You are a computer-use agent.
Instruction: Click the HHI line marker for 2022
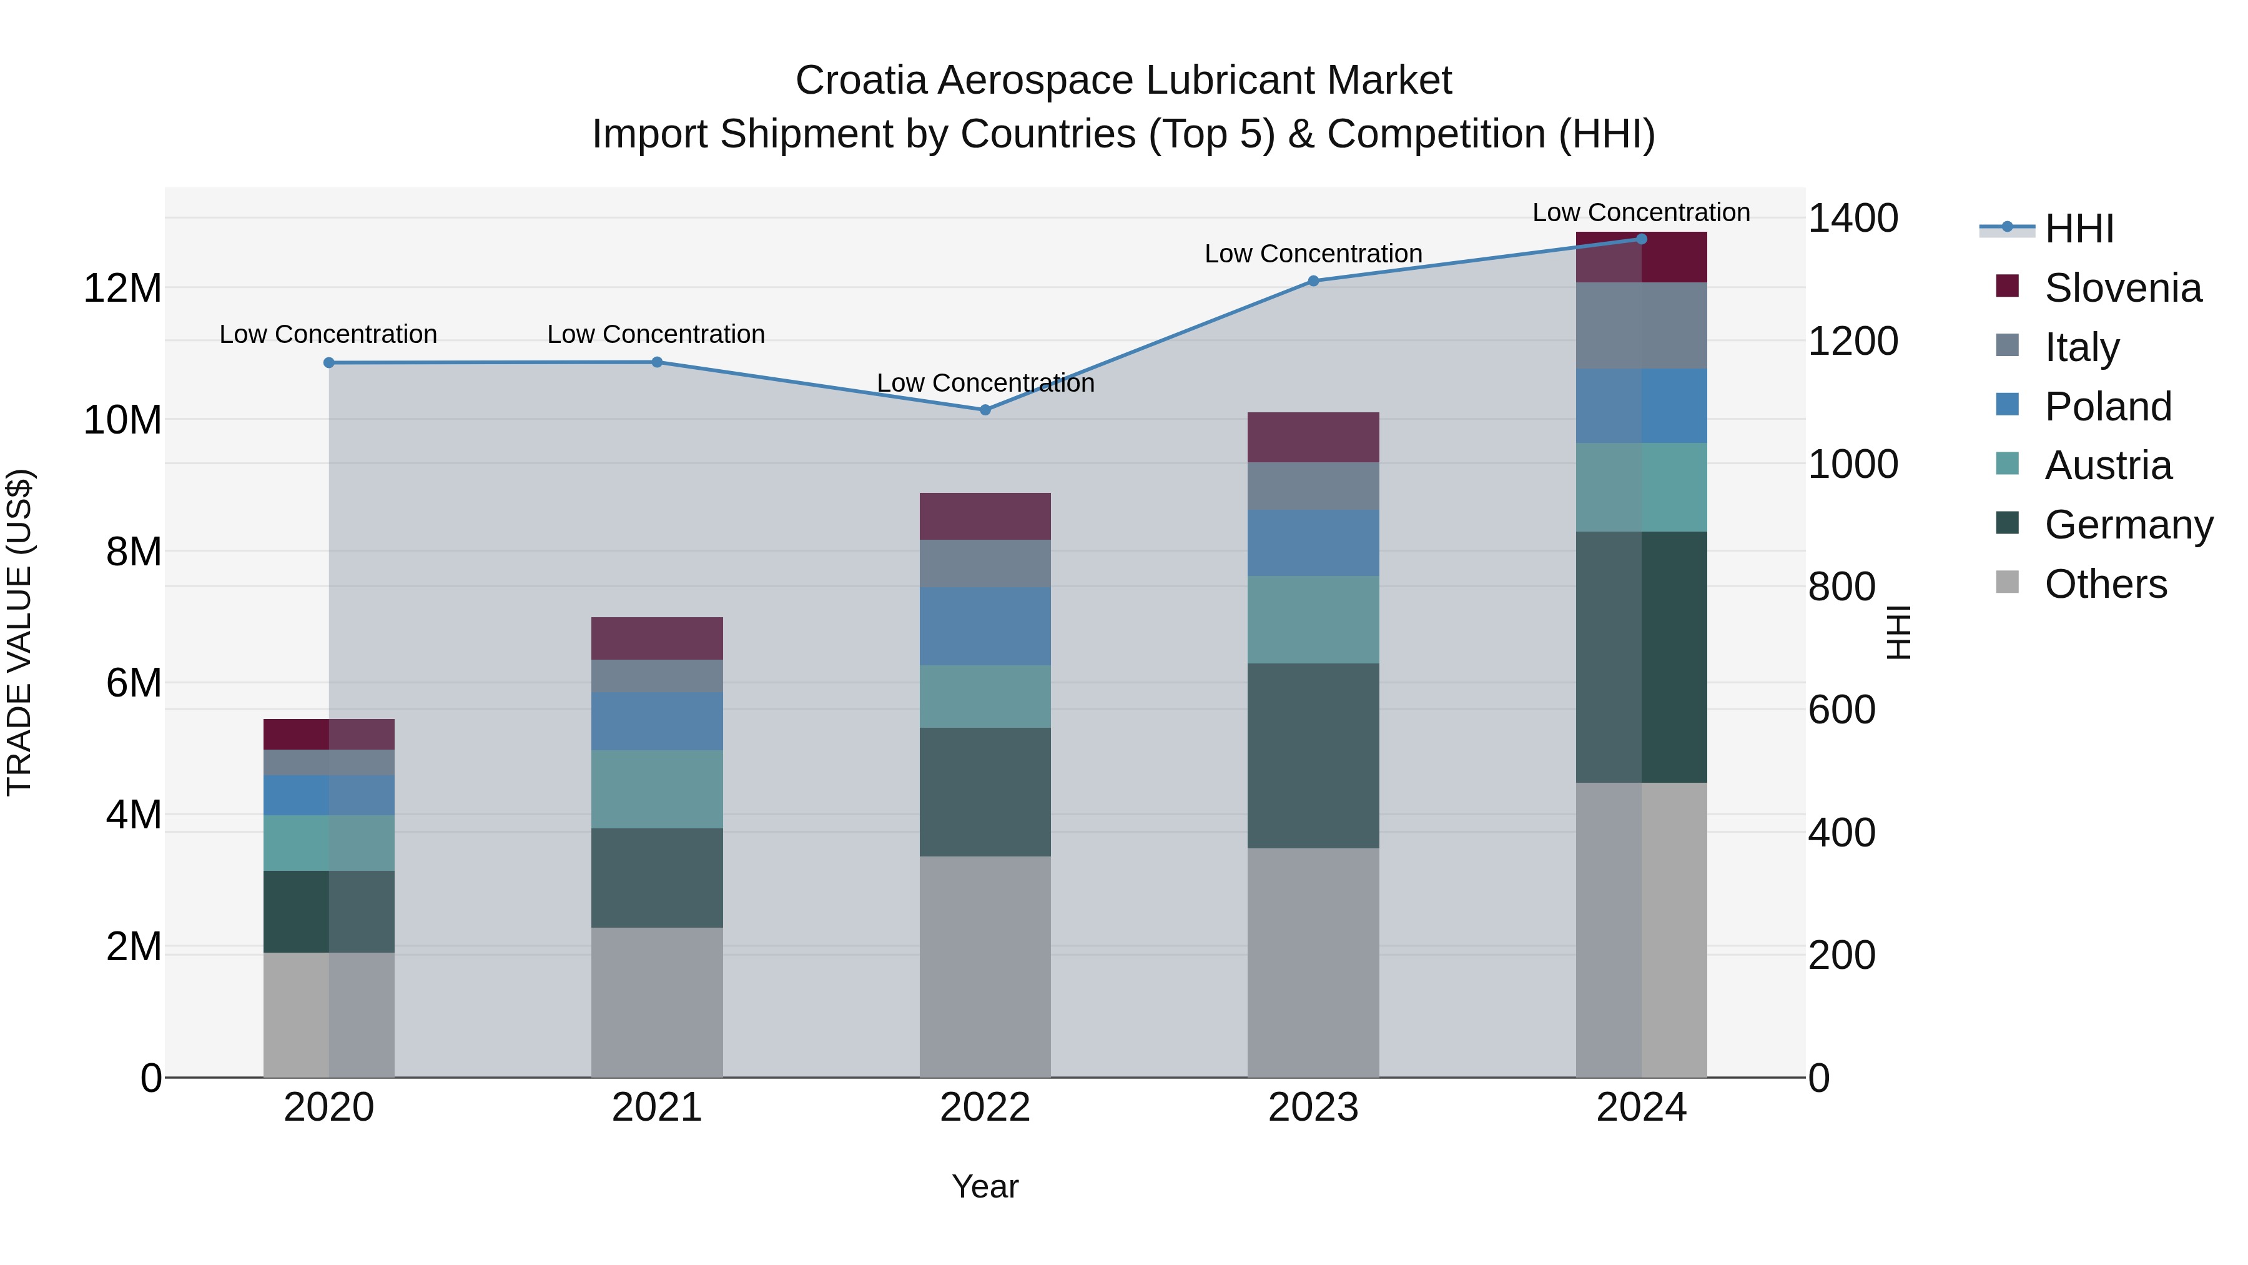[985, 409]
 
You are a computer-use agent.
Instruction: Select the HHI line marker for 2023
[1313, 281]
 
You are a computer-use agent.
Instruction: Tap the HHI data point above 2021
[657, 362]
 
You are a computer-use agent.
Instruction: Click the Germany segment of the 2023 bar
[1313, 755]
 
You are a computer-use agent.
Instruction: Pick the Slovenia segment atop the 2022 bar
[985, 516]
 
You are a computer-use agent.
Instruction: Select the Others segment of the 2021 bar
[657, 1001]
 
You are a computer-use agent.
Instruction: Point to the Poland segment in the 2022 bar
[985, 626]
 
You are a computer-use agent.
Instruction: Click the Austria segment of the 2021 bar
[657, 789]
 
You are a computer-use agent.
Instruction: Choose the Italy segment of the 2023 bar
[1313, 486]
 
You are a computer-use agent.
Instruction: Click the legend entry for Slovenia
[2122, 288]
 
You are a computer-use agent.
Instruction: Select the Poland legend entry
[2107, 407]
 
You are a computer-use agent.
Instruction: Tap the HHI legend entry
[2079, 229]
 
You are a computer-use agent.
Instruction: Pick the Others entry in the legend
[2105, 584]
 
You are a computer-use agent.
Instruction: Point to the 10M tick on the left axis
[122, 420]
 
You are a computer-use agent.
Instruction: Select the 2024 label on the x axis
[1640, 1108]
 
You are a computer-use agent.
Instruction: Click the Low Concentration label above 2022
[985, 384]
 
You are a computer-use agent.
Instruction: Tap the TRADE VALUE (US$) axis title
[19, 632]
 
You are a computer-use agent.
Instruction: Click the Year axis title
[985, 1186]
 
